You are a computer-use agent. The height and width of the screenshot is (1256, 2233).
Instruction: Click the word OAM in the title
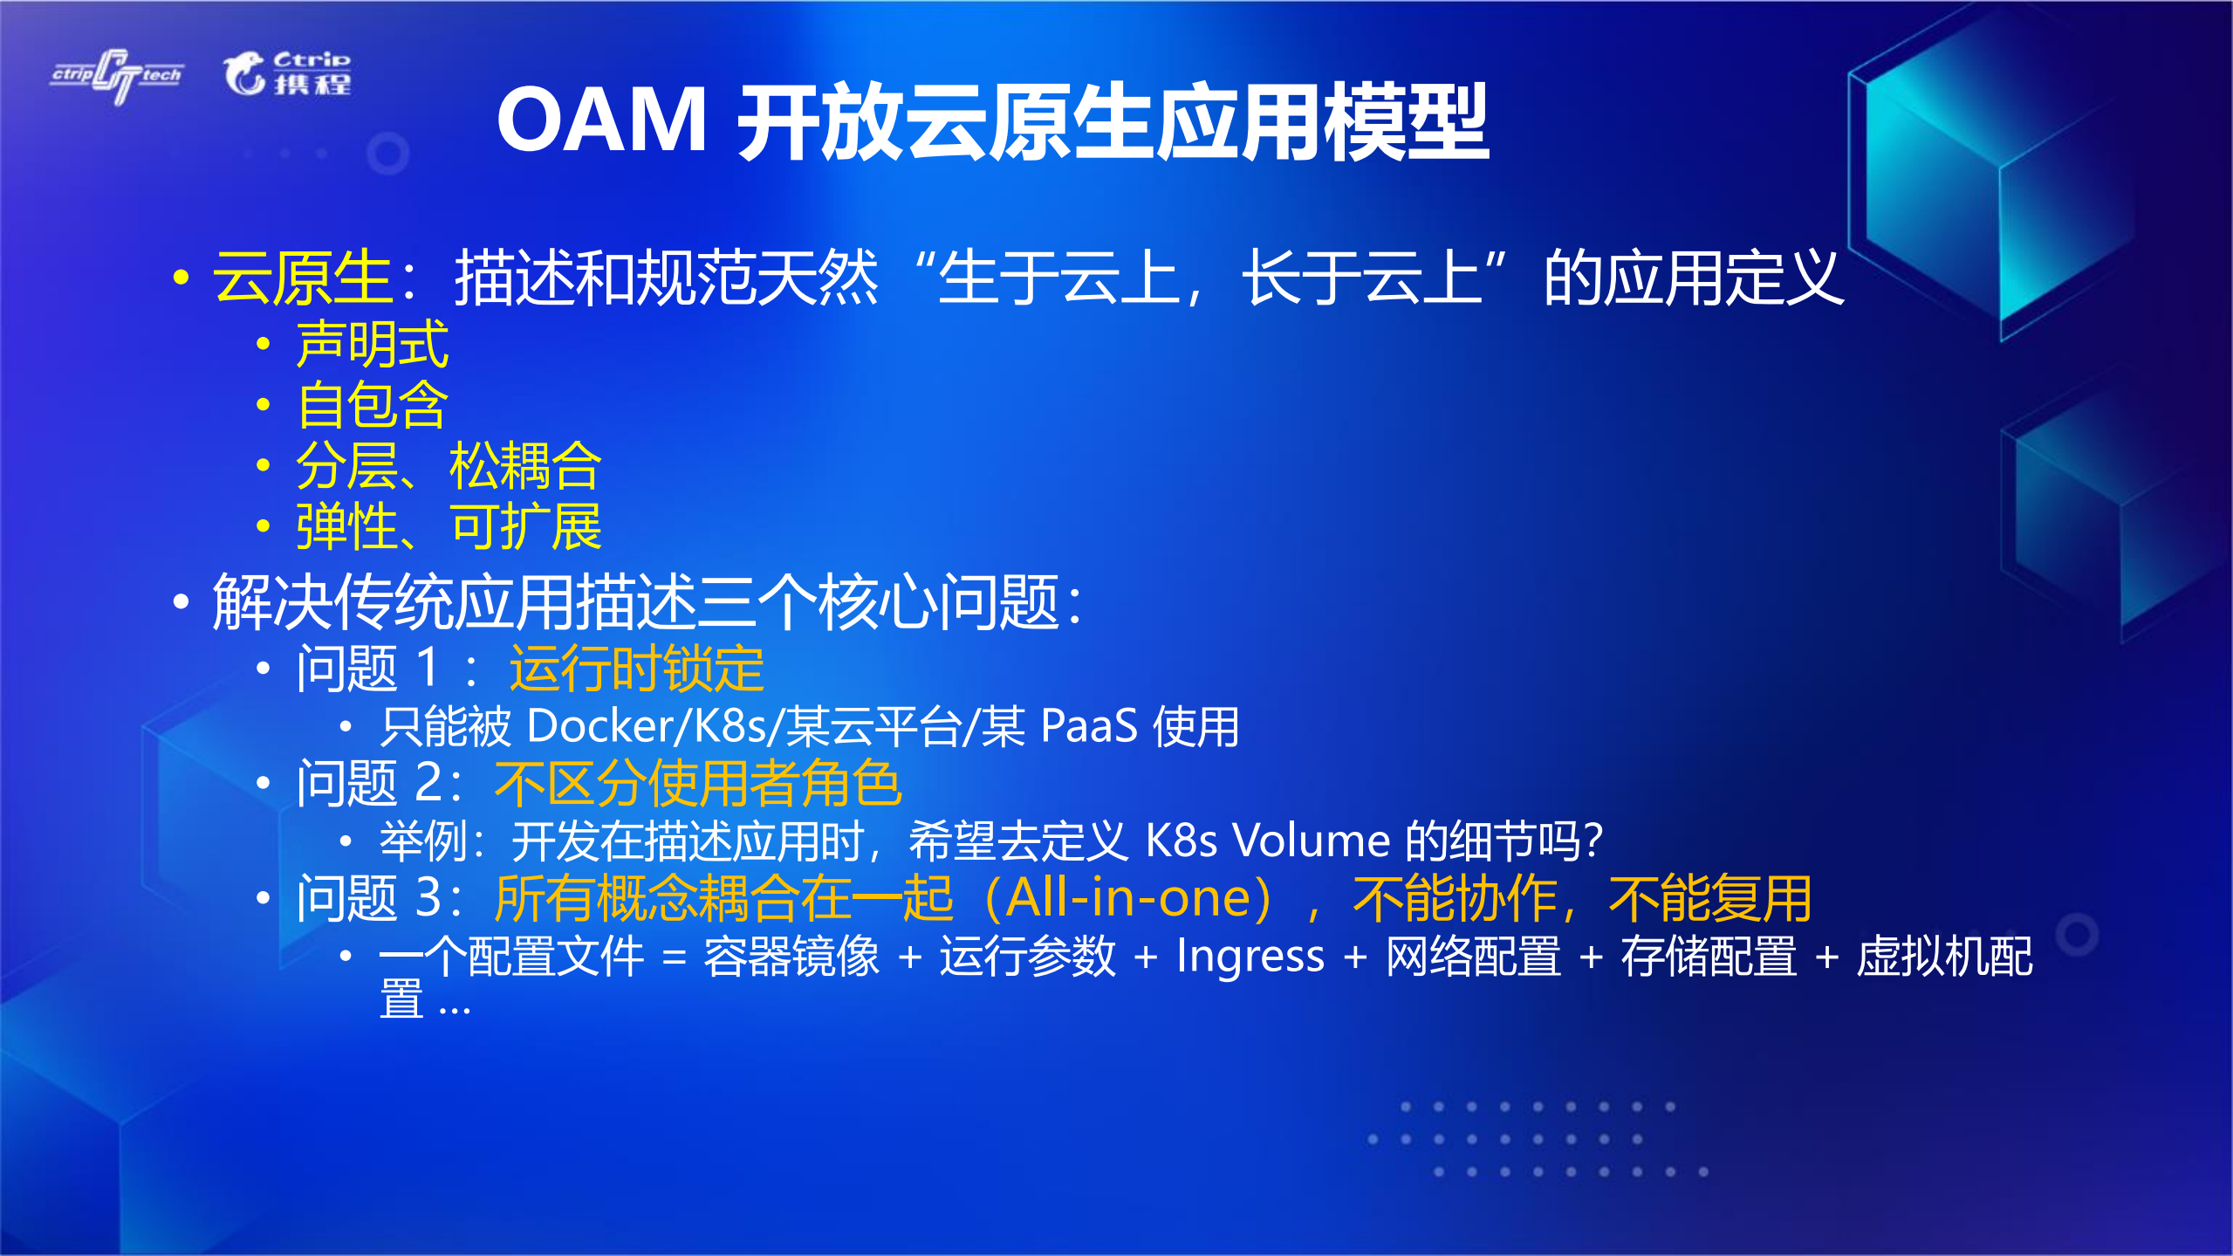(x=601, y=120)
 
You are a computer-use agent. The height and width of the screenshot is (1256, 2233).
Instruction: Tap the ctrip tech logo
(x=117, y=76)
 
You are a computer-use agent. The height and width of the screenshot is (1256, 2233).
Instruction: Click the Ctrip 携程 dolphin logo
(x=287, y=73)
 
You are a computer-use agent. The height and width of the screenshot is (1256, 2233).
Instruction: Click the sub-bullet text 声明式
(x=373, y=344)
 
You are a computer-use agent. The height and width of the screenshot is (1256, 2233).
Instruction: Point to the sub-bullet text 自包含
(x=373, y=405)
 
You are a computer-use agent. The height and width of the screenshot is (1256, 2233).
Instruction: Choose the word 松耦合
(x=525, y=466)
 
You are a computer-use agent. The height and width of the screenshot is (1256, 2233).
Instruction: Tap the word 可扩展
(x=525, y=527)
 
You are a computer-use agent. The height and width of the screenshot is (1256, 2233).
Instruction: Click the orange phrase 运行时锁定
(x=636, y=669)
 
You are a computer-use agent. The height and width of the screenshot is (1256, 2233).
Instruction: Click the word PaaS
(x=1089, y=726)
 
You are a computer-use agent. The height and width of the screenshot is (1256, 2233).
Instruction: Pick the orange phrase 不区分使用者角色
(x=697, y=783)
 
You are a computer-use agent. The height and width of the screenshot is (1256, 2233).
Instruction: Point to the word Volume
(x=1311, y=841)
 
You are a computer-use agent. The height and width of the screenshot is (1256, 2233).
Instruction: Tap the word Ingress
(x=1250, y=956)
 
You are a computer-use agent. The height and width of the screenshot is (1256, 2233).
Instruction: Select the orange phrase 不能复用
(x=1709, y=898)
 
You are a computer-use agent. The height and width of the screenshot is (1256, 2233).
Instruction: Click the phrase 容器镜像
(x=791, y=956)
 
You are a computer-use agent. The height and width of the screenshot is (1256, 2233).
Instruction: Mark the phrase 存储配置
(x=1709, y=956)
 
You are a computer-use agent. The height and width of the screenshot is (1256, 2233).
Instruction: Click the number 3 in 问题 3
(x=428, y=898)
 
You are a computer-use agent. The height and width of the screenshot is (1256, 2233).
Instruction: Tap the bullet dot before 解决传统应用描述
(x=181, y=601)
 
